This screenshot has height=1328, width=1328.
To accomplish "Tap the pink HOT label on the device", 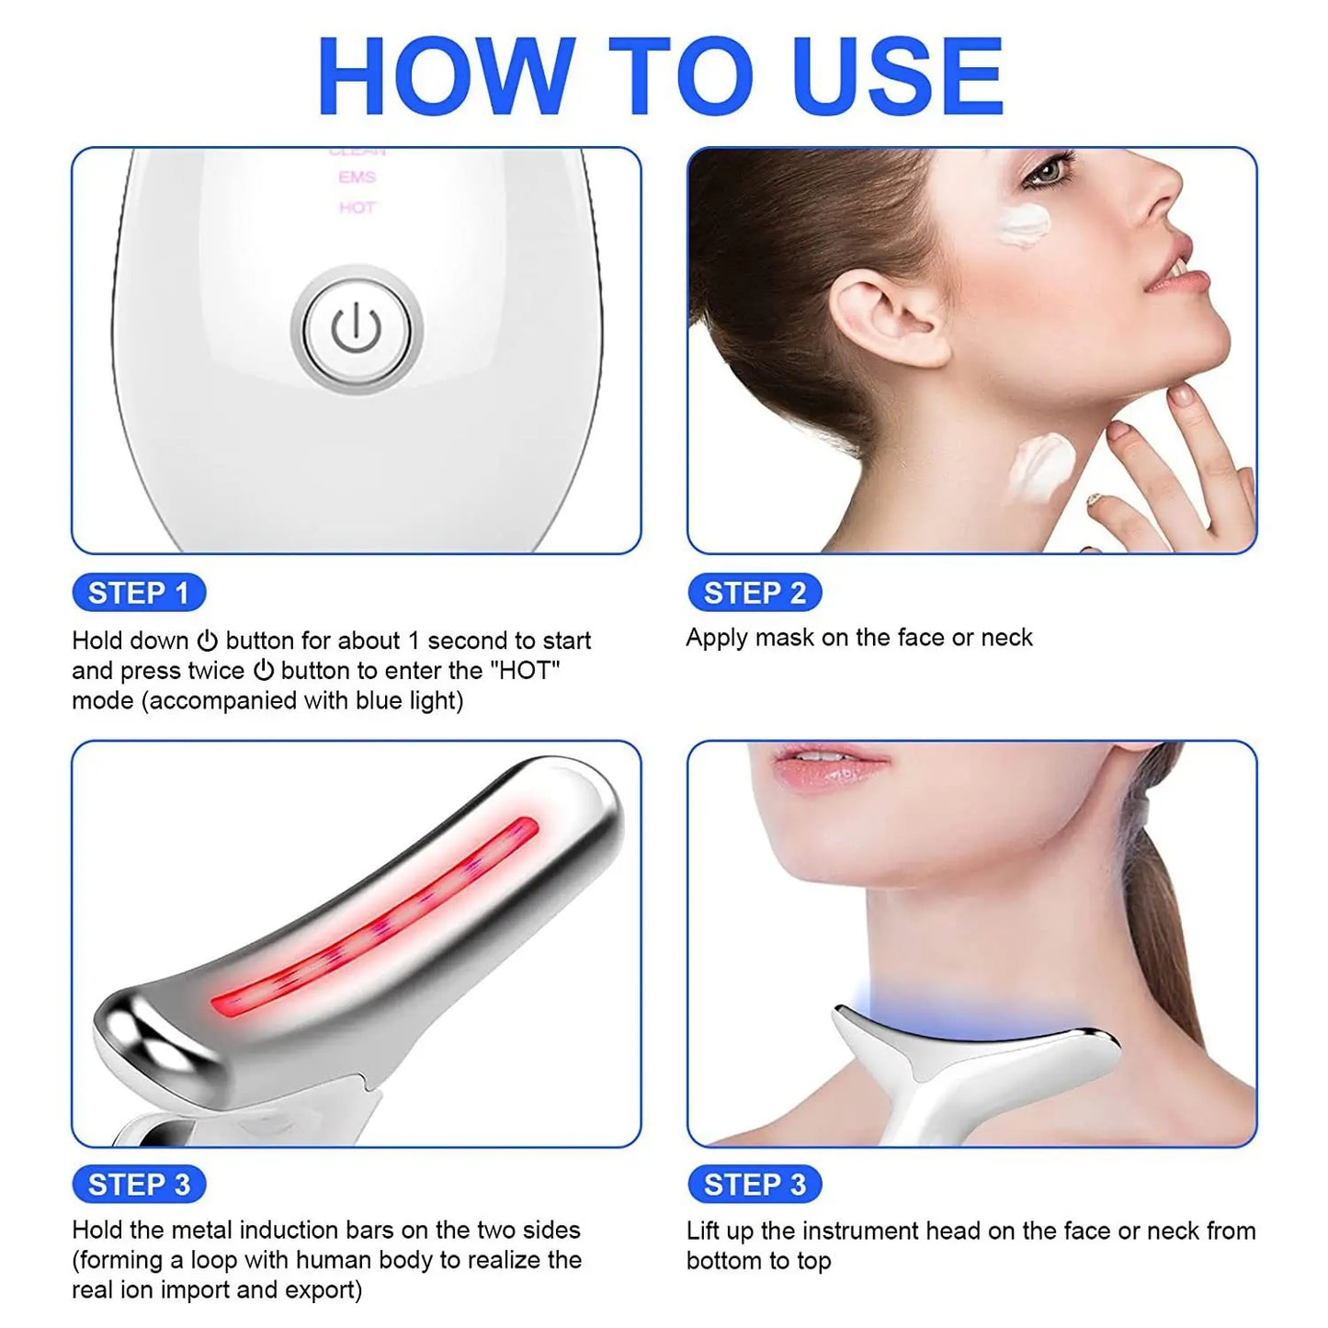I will (357, 208).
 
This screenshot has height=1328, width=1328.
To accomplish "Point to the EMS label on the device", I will (357, 177).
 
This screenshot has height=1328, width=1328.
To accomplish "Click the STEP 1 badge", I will (139, 593).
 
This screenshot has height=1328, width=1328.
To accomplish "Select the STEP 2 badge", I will (755, 593).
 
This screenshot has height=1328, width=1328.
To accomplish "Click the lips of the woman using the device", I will (827, 766).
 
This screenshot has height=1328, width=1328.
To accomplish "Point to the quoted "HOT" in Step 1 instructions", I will (527, 671).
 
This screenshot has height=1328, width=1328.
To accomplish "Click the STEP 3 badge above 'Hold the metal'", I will (139, 1185).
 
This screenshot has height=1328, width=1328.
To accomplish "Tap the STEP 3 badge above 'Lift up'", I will (755, 1185).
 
